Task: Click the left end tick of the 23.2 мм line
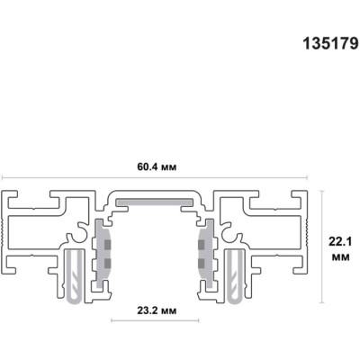coord(111,320)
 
